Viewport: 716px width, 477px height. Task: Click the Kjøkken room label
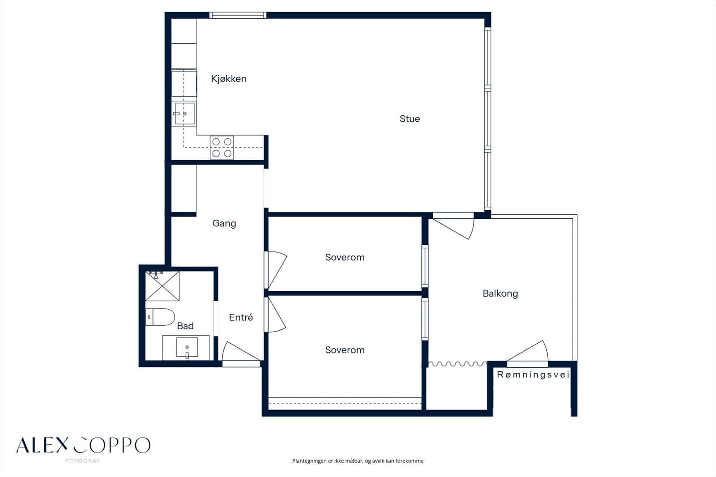pyautogui.click(x=229, y=79)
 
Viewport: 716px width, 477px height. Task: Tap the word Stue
pyautogui.click(x=410, y=119)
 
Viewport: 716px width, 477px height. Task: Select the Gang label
pyautogui.click(x=224, y=223)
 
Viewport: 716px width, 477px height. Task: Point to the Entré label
pyautogui.click(x=241, y=317)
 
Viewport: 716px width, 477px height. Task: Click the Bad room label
pyautogui.click(x=185, y=326)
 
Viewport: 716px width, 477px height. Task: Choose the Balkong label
pyautogui.click(x=500, y=294)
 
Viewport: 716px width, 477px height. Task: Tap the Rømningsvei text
pyautogui.click(x=533, y=375)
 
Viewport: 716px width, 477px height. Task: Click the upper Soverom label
pyautogui.click(x=345, y=257)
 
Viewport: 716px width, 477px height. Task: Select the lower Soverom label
pyautogui.click(x=345, y=350)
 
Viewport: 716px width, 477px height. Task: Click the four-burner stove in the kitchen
pyautogui.click(x=222, y=147)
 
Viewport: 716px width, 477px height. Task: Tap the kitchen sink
pyautogui.click(x=184, y=114)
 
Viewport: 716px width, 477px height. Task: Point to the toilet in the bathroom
pyautogui.click(x=160, y=317)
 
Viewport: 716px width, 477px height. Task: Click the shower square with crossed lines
pyautogui.click(x=162, y=286)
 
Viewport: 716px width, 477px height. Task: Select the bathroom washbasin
pyautogui.click(x=187, y=348)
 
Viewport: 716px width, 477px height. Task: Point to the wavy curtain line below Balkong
pyautogui.click(x=457, y=364)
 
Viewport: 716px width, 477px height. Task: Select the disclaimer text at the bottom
pyautogui.click(x=358, y=461)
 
